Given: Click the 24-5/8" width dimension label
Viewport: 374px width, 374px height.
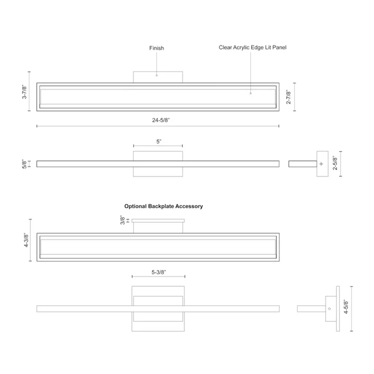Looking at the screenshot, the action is click(x=161, y=120).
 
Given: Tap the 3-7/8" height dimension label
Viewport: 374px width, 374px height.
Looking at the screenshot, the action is click(x=24, y=92).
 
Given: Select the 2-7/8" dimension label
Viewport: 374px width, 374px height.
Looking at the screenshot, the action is click(x=289, y=97).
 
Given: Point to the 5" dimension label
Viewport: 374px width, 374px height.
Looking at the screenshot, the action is click(x=159, y=142).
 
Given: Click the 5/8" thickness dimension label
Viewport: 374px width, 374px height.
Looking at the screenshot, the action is click(x=24, y=164).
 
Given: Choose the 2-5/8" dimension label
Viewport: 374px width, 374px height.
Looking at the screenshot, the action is click(x=335, y=163).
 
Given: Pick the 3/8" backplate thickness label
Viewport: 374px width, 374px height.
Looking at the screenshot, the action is click(x=122, y=220).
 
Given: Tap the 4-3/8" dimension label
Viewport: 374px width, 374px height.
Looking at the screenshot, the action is click(x=26, y=240).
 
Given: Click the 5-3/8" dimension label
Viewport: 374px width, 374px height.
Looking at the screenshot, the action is click(x=159, y=272).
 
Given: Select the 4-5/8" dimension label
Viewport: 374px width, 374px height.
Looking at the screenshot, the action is click(x=346, y=307).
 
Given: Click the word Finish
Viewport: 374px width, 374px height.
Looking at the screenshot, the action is click(x=156, y=48).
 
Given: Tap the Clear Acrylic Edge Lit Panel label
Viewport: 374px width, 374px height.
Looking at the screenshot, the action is click(x=253, y=47).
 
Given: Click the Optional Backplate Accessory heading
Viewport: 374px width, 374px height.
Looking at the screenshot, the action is click(x=164, y=206).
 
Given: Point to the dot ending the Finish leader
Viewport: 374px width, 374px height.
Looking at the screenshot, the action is click(x=156, y=75).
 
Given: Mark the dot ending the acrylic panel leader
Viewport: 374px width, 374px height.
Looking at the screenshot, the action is click(x=251, y=93).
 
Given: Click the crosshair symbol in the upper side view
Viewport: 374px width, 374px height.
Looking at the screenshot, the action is click(x=321, y=164).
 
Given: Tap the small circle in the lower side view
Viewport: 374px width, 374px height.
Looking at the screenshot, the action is click(x=329, y=309).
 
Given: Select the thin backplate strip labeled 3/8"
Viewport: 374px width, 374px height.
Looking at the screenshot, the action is click(x=158, y=221).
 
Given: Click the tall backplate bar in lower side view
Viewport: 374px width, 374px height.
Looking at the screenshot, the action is click(x=338, y=309).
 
